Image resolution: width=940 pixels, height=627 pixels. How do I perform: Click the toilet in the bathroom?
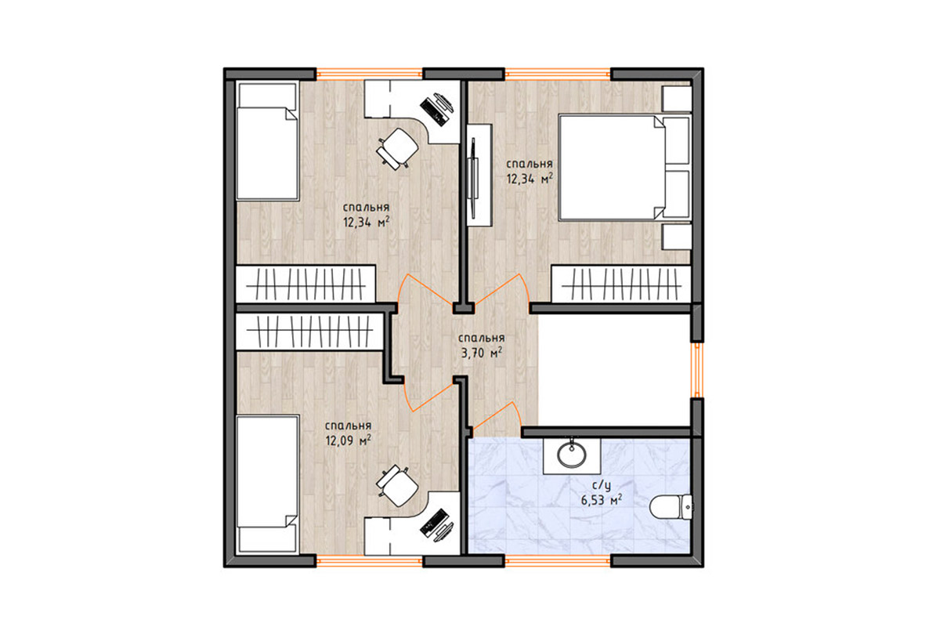[x=671, y=506]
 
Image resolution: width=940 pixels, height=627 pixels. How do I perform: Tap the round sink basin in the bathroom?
[x=572, y=454]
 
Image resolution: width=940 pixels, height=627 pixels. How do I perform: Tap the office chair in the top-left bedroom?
[x=397, y=149]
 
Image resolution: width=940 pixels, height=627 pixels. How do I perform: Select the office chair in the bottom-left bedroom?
[x=397, y=486]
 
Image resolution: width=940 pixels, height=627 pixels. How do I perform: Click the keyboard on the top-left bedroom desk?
[x=432, y=110]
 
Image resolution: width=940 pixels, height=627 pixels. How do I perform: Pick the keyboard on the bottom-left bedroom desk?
[x=433, y=523]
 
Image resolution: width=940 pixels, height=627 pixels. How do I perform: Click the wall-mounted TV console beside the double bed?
[x=479, y=176]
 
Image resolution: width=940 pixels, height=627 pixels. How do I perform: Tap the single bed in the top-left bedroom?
[x=267, y=141]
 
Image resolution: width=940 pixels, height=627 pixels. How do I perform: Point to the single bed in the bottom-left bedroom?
[x=267, y=484]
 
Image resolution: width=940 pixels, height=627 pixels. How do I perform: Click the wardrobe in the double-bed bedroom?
[x=621, y=284]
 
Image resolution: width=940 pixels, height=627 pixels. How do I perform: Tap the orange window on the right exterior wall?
[x=697, y=370]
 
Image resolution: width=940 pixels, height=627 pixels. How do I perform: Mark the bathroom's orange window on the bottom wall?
[x=557, y=561]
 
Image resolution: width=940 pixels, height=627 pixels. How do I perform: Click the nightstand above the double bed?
[x=677, y=99]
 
